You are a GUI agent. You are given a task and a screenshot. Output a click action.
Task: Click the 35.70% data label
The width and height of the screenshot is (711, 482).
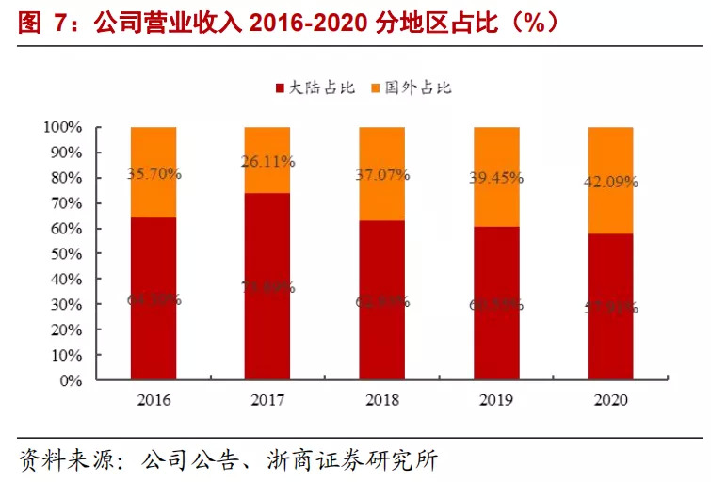coord(154,174)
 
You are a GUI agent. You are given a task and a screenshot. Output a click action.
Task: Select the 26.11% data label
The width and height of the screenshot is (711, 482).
coord(267,162)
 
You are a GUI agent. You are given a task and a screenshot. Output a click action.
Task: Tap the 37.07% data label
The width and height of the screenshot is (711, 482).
coord(381,175)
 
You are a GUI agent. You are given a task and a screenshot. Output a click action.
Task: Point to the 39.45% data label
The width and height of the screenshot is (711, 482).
coord(496,179)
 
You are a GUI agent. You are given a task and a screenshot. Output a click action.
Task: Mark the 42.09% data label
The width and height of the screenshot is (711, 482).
coord(610,183)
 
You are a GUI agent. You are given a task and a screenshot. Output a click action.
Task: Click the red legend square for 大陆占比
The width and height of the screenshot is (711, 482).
coord(280,88)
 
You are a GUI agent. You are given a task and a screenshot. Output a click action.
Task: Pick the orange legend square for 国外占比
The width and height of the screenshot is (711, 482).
coord(375,88)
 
